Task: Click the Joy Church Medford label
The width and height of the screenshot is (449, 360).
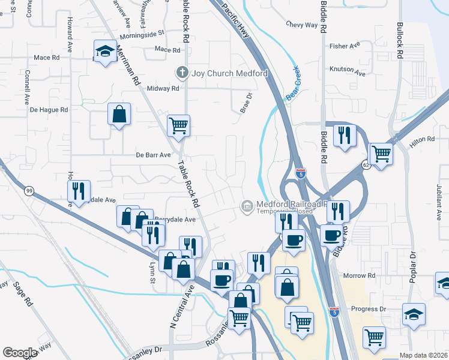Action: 229,73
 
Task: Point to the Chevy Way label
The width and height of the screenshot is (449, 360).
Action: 301,25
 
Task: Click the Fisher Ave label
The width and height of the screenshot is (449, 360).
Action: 345,46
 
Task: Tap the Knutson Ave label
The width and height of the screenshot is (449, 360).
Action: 347,70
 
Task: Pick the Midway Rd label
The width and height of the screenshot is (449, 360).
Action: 163,88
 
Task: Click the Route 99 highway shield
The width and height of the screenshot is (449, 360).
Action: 28,191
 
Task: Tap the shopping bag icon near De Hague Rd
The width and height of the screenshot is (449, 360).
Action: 119,113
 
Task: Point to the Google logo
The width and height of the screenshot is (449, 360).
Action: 20,353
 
